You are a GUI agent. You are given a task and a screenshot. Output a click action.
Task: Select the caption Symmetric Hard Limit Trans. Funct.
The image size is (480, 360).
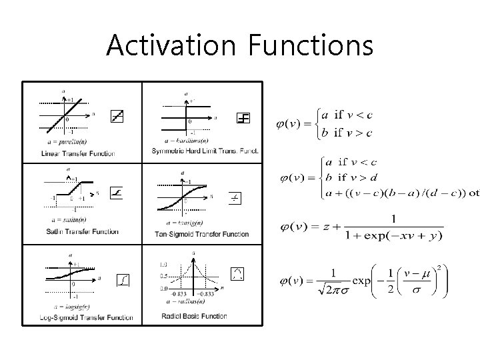click(205, 151)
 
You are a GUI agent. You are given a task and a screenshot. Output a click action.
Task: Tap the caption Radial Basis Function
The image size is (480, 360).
click(194, 316)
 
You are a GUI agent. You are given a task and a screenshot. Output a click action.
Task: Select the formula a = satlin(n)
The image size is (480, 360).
click(67, 219)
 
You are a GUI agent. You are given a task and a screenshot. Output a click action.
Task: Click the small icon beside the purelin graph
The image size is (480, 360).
click(117, 117)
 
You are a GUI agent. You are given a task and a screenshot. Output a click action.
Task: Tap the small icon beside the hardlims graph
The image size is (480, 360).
click(243, 118)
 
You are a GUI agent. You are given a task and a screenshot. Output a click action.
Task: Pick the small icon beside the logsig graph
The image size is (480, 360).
click(123, 280)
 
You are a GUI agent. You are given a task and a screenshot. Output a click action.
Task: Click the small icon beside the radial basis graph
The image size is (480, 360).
click(237, 273)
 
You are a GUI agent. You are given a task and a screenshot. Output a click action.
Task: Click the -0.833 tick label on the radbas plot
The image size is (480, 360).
click(178, 294)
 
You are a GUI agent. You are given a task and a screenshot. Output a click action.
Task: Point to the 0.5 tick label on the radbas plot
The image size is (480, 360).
click(163, 275)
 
